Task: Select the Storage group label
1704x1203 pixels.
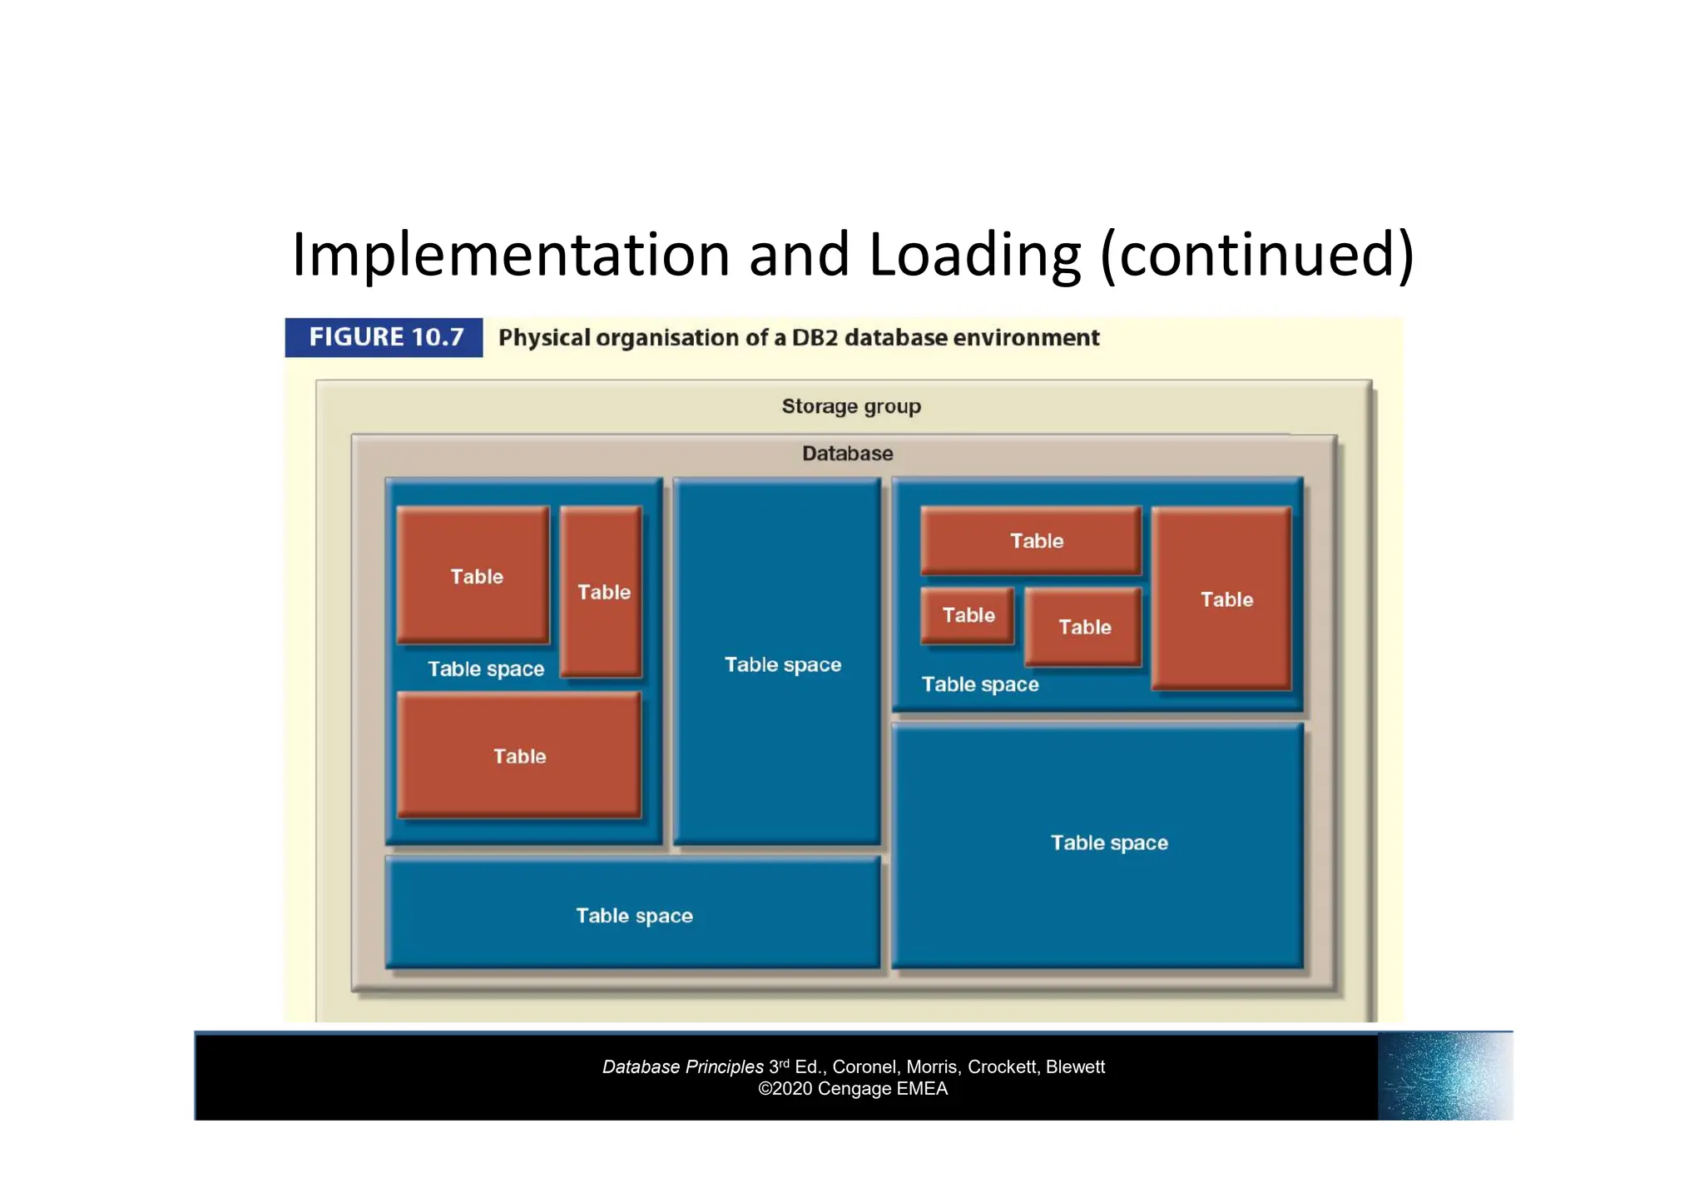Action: point(851,406)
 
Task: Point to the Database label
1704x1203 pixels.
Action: point(847,454)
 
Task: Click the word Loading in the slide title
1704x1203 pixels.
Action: point(974,255)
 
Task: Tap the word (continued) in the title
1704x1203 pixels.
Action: point(1256,255)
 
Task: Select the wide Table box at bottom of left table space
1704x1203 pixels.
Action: point(519,755)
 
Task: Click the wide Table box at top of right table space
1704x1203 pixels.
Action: point(1032,541)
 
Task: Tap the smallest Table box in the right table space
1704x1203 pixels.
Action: point(968,615)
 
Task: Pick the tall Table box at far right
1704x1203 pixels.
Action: point(1222,599)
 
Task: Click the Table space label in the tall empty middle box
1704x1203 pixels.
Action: point(782,664)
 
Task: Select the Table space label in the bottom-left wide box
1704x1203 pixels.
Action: point(634,916)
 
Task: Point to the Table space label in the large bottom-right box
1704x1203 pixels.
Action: point(1109,843)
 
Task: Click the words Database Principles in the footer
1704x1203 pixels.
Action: point(682,1067)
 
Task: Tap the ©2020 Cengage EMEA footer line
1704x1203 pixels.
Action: point(853,1089)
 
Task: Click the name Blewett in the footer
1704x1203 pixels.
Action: point(1075,1067)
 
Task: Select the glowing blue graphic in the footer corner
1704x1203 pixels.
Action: point(1444,1076)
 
